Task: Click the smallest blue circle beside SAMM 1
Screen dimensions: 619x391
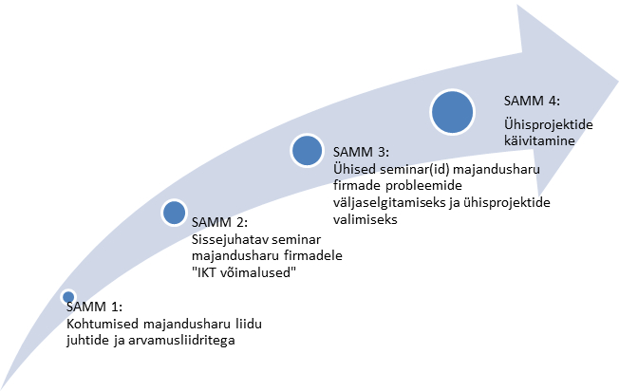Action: click(68, 297)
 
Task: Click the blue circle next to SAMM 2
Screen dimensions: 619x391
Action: click(174, 213)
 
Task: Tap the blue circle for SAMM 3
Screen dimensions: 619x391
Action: click(307, 150)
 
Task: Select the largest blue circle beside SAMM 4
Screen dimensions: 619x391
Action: click(452, 112)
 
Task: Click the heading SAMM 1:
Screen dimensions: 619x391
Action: click(94, 307)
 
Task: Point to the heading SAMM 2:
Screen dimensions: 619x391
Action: click(219, 222)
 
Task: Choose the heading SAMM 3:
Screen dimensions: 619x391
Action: click(361, 152)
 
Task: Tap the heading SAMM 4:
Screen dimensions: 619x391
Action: click(532, 101)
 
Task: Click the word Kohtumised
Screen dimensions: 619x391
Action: click(103, 324)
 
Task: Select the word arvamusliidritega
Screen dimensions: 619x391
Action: click(181, 340)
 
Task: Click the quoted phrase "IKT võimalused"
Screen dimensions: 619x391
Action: click(244, 272)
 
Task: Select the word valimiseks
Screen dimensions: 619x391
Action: click(366, 219)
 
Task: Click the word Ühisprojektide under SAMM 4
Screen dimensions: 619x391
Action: click(549, 124)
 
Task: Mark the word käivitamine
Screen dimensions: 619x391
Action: click(539, 140)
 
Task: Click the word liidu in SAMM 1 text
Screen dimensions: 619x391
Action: click(249, 324)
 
